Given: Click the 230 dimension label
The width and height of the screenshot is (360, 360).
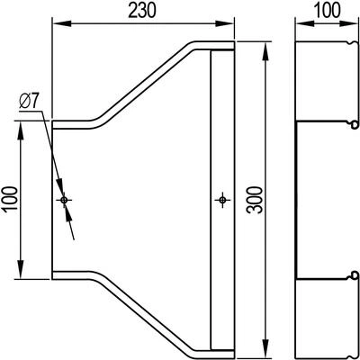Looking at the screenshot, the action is tap(142, 12).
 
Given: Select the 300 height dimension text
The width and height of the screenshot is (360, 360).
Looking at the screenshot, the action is tap(255, 200).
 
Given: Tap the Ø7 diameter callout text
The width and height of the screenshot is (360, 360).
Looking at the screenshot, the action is tap(30, 103).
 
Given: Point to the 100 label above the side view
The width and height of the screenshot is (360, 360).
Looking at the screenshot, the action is tap(327, 10).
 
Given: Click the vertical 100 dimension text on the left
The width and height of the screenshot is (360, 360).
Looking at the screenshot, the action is tap(10, 200).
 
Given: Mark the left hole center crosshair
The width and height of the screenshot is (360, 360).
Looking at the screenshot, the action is tap(64, 200).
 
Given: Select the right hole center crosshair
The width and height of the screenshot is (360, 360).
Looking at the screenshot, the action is tap(222, 200).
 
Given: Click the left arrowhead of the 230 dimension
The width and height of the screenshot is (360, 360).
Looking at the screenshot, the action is tap(62, 23).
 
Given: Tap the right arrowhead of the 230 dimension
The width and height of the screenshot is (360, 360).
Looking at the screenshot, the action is tap(225, 23).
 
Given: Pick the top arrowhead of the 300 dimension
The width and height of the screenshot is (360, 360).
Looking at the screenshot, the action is tap(265, 52).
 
